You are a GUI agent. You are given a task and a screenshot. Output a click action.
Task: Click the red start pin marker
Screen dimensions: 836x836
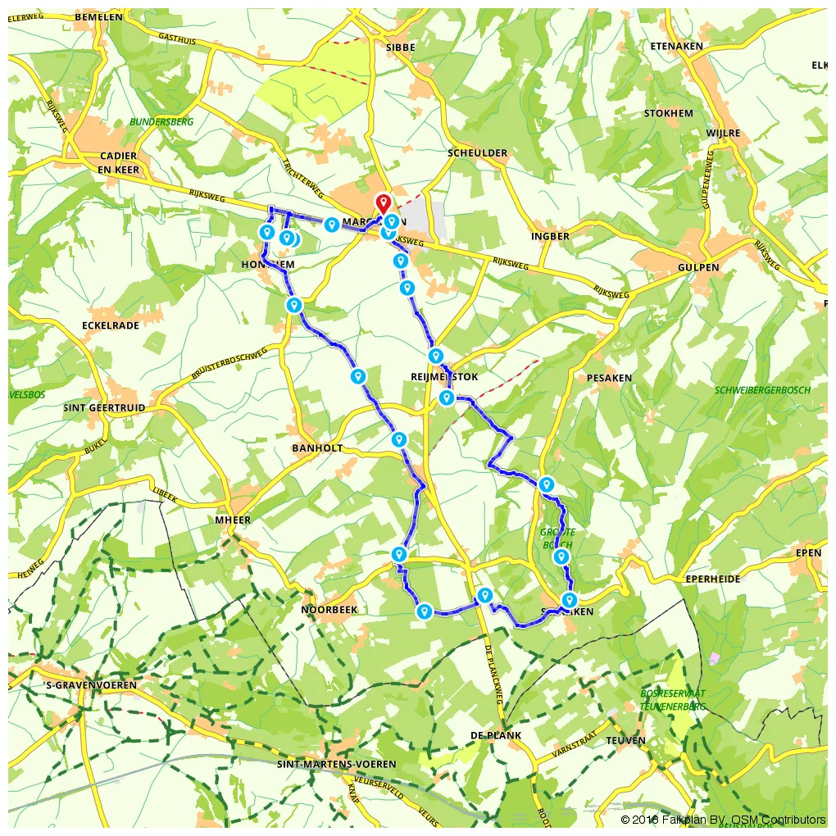pos(383,204)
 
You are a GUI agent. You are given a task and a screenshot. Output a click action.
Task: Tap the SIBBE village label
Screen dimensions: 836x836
pos(400,48)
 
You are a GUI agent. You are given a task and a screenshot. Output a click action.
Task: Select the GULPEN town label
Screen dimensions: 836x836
pos(698,267)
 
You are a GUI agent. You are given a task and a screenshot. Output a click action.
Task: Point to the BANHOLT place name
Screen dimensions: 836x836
pos(317,448)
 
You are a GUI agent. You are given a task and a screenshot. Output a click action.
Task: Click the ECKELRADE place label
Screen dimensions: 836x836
pos(111,325)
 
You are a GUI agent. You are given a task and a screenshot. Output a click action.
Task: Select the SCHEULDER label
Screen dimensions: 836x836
pos(478,153)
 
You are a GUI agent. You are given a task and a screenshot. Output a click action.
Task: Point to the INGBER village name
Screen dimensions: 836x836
pos(550,236)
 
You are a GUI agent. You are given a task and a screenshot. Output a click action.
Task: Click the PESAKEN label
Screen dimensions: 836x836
pos(610,378)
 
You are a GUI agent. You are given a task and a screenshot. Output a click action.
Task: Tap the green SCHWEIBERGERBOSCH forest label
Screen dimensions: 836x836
pos(762,390)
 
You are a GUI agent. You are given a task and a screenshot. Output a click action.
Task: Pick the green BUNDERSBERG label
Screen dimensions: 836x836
pos(161,122)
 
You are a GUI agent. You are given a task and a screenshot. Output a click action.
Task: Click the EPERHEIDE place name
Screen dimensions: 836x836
pos(713,579)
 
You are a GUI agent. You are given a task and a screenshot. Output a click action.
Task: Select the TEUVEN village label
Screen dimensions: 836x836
pos(626,740)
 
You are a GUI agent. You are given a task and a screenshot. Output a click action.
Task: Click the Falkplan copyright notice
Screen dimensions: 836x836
pos(723,820)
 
